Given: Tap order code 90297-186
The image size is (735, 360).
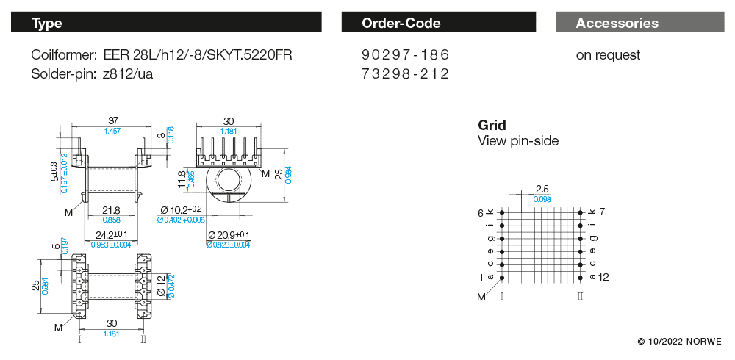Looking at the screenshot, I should (x=405, y=55).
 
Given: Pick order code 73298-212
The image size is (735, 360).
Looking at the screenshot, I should (x=405, y=73).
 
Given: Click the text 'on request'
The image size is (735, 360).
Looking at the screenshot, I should (x=608, y=55).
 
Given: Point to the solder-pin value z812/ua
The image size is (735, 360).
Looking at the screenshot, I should (x=128, y=73).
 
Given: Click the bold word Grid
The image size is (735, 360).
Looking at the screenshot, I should (x=492, y=126).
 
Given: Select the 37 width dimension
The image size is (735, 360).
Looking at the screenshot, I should (x=113, y=121).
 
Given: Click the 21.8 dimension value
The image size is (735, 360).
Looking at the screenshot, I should (x=111, y=210).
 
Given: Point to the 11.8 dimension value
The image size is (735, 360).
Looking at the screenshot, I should (x=182, y=178).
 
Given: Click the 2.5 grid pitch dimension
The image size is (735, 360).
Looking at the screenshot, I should (x=542, y=190).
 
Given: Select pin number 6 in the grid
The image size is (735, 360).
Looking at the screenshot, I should (x=481, y=212).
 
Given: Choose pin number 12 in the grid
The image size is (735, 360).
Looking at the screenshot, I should (x=604, y=277).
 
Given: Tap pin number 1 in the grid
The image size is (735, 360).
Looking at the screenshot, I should (x=481, y=277).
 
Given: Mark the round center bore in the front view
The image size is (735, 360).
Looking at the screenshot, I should (x=229, y=180).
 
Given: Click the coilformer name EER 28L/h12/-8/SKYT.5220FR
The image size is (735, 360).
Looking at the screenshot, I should (x=201, y=55).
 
